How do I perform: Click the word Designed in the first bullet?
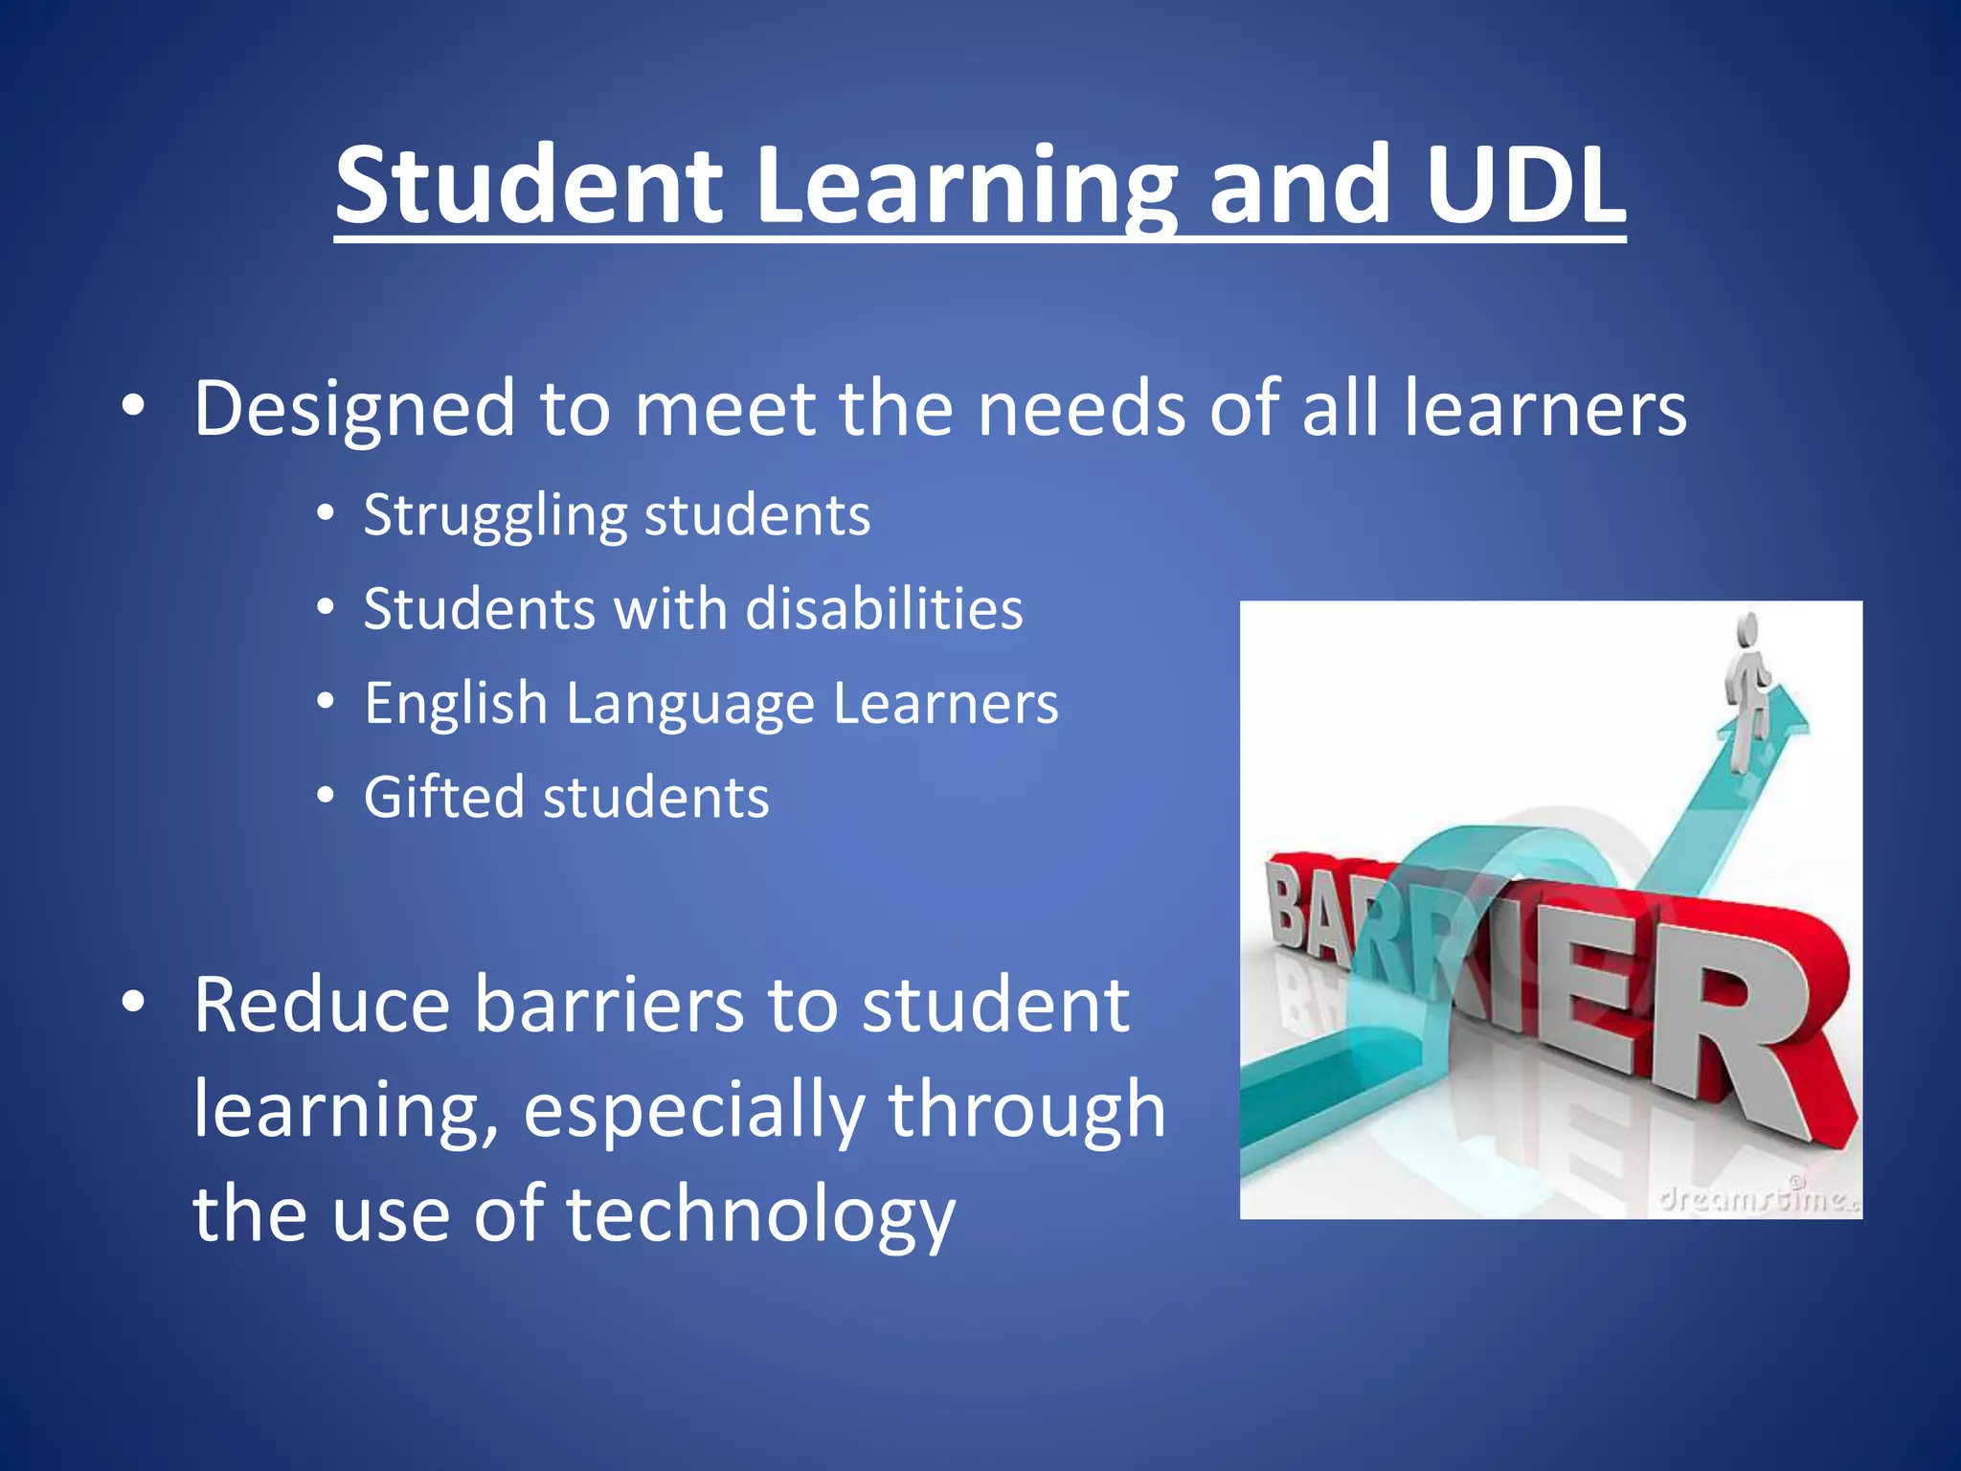(x=354, y=409)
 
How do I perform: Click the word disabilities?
(x=884, y=609)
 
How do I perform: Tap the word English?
(x=455, y=705)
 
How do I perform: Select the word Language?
(x=689, y=705)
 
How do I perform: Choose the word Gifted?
(x=442, y=798)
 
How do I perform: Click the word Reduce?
(x=322, y=1006)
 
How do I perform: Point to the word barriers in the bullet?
(x=609, y=1006)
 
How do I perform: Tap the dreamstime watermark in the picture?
(x=1758, y=1196)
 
